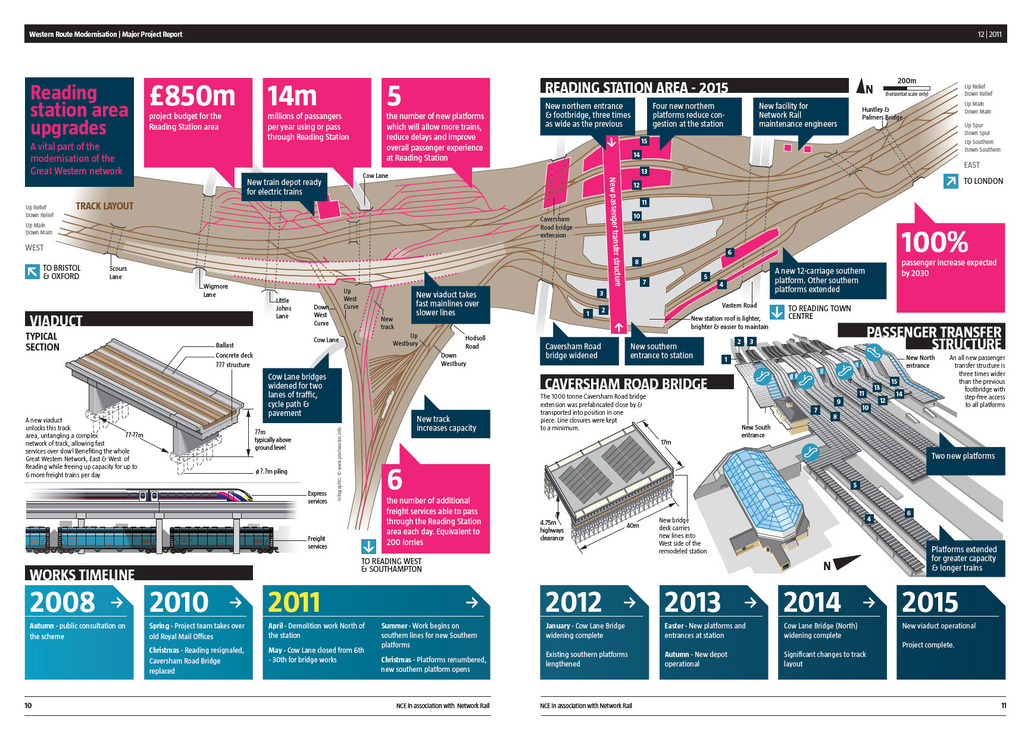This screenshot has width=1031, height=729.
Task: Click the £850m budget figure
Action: (x=192, y=96)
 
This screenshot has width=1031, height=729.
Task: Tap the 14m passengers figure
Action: (x=292, y=96)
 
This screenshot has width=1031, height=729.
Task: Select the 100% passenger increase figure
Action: (x=935, y=242)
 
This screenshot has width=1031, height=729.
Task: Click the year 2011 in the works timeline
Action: (x=293, y=602)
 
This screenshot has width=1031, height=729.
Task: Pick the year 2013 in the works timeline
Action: (x=692, y=602)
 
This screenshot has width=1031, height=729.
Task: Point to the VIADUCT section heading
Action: (x=56, y=321)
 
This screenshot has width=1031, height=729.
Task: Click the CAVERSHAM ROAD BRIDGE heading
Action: (x=626, y=384)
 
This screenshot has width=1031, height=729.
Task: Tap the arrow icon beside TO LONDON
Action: (x=951, y=182)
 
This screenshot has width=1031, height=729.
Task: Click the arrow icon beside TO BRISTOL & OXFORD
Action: (x=32, y=272)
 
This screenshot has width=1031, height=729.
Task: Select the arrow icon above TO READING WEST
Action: (x=368, y=546)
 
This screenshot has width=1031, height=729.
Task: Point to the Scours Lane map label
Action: (x=117, y=273)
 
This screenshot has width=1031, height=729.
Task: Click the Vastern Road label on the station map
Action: (x=739, y=305)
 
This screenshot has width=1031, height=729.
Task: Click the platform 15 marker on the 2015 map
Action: (x=644, y=141)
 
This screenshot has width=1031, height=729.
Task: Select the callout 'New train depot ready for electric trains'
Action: (x=284, y=187)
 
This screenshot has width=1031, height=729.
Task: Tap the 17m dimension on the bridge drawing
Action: (x=666, y=442)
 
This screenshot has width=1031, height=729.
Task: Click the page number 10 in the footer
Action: (x=28, y=706)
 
